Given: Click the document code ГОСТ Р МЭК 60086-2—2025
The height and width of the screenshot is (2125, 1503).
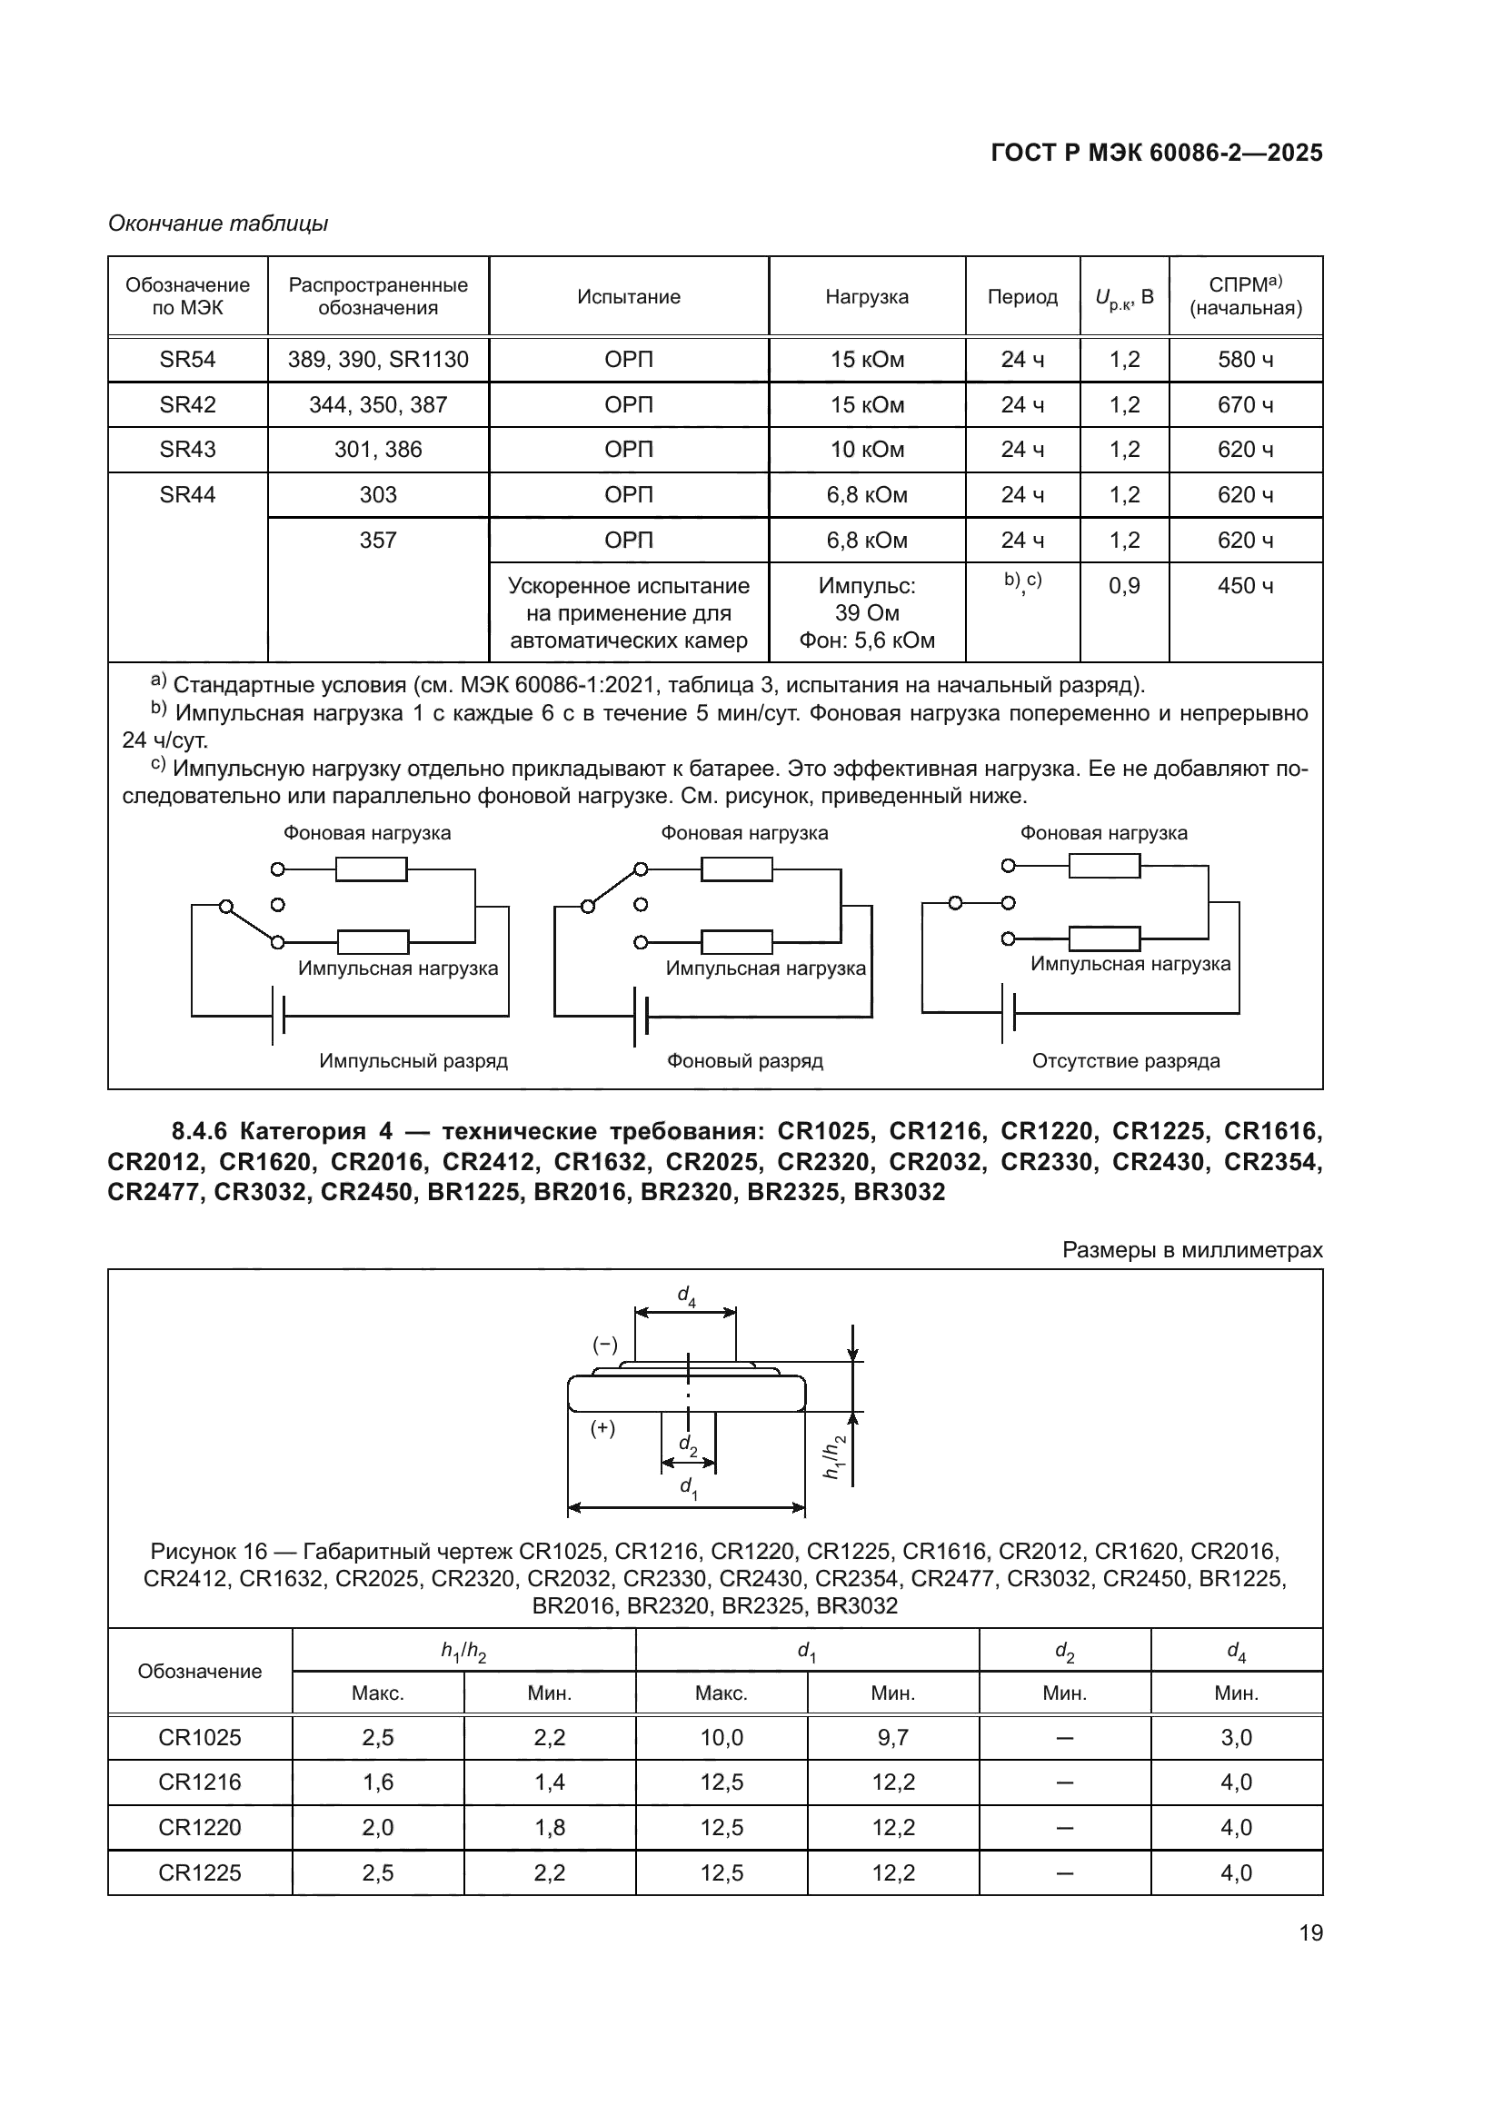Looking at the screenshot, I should click(x=1156, y=153).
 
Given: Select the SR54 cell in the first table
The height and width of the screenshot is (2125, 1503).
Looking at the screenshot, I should click(x=187, y=359).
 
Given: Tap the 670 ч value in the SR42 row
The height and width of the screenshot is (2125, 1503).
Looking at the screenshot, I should click(x=1245, y=404).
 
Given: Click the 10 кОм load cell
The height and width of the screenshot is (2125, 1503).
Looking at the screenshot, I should click(x=866, y=449).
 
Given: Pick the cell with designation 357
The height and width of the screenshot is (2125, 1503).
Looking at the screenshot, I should click(x=378, y=540).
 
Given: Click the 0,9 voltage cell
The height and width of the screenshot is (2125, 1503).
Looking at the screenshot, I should click(x=1123, y=586).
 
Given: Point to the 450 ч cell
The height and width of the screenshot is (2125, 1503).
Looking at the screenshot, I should click(x=1245, y=586).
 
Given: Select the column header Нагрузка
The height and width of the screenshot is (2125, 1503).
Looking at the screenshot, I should click(x=866, y=296).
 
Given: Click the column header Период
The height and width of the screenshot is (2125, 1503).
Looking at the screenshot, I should click(x=1021, y=296).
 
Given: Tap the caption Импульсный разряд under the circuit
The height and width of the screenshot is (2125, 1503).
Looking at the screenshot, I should click(x=413, y=1060).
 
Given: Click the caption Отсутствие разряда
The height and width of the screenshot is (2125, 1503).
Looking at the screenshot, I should click(x=1125, y=1060).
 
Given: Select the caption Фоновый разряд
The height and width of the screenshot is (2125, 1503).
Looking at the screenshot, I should click(x=744, y=1060).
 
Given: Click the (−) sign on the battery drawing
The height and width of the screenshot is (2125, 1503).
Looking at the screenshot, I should click(x=604, y=1345).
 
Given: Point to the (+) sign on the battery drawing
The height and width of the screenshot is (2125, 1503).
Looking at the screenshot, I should click(x=602, y=1428).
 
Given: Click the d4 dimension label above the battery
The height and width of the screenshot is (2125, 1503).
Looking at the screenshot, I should click(x=686, y=1296).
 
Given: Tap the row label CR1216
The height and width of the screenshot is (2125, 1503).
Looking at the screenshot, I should click(x=199, y=1782).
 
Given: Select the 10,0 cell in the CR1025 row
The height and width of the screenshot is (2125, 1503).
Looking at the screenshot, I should click(x=721, y=1737).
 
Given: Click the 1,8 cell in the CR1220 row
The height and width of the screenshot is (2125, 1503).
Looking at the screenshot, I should click(x=549, y=1827).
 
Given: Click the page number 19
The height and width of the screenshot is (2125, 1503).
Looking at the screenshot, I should click(x=1310, y=1932).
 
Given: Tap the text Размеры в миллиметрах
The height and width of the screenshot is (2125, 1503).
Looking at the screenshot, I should click(x=1192, y=1249).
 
